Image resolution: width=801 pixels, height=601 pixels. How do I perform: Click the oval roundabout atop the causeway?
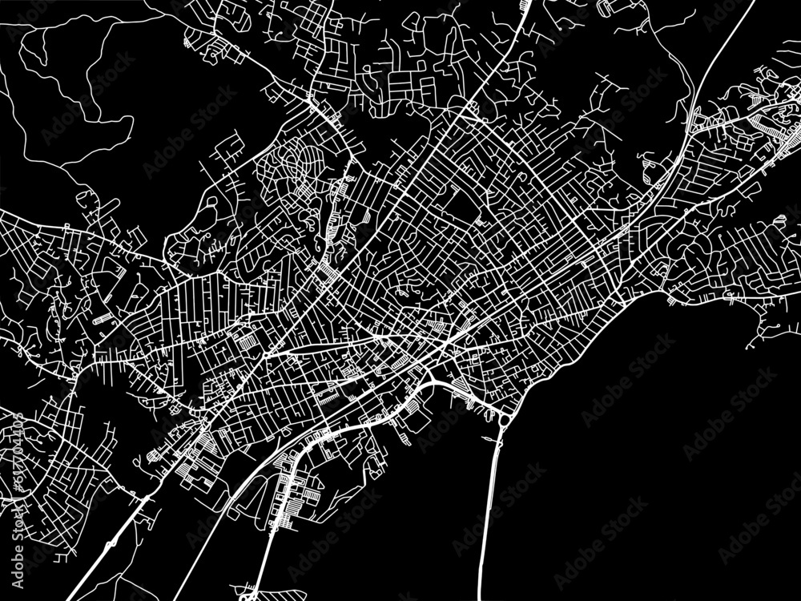pos(505,418)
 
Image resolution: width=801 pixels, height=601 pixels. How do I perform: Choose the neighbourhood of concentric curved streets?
pos(292,164)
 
